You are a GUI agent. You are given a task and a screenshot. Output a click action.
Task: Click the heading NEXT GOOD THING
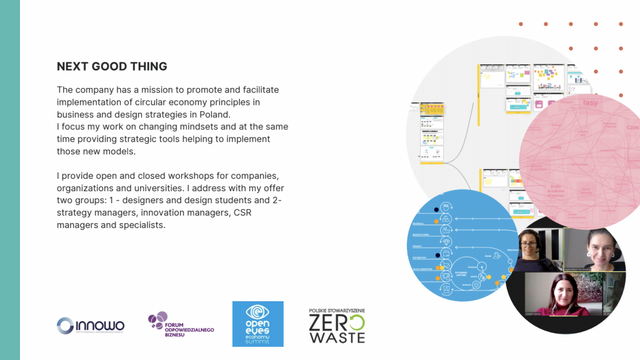(112, 66)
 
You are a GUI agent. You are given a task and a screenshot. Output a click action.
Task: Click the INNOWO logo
(91, 326)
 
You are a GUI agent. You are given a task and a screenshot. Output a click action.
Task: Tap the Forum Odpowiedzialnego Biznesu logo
(181, 326)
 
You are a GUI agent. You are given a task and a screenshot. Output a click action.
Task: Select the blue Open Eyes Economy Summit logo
(257, 324)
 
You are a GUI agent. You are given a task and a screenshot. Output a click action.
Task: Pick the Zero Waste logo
(337, 326)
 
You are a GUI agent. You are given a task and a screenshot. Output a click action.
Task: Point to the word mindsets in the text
(192, 127)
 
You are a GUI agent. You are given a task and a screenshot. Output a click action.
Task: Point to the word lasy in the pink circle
(590, 102)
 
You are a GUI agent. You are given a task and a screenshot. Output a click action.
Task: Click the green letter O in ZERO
(356, 322)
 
